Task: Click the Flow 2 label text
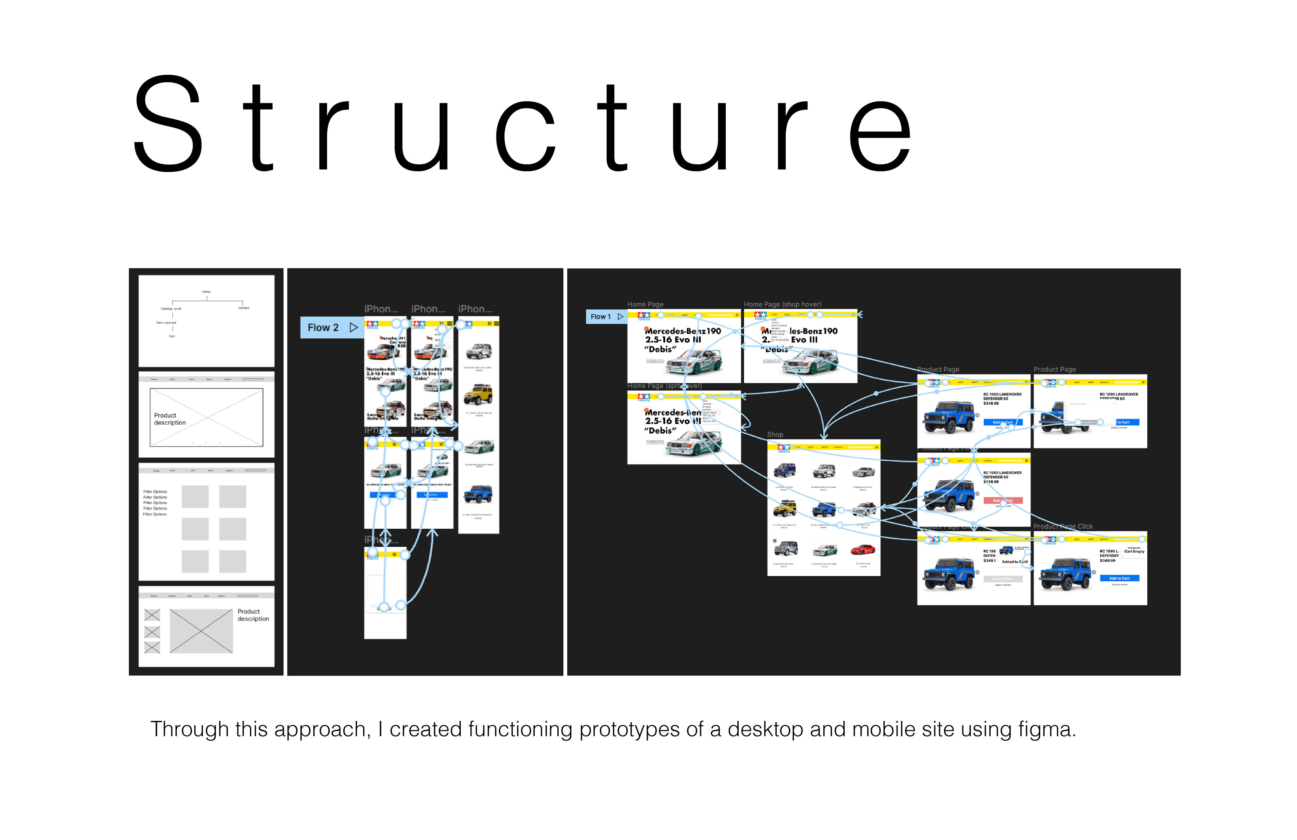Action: (323, 328)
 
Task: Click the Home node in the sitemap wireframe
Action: (206, 292)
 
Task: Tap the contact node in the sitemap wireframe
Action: (243, 308)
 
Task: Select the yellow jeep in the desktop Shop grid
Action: (785, 508)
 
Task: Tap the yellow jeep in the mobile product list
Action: (478, 394)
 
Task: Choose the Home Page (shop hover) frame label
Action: (782, 304)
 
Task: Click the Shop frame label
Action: (775, 435)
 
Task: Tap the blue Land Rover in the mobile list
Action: (478, 494)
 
